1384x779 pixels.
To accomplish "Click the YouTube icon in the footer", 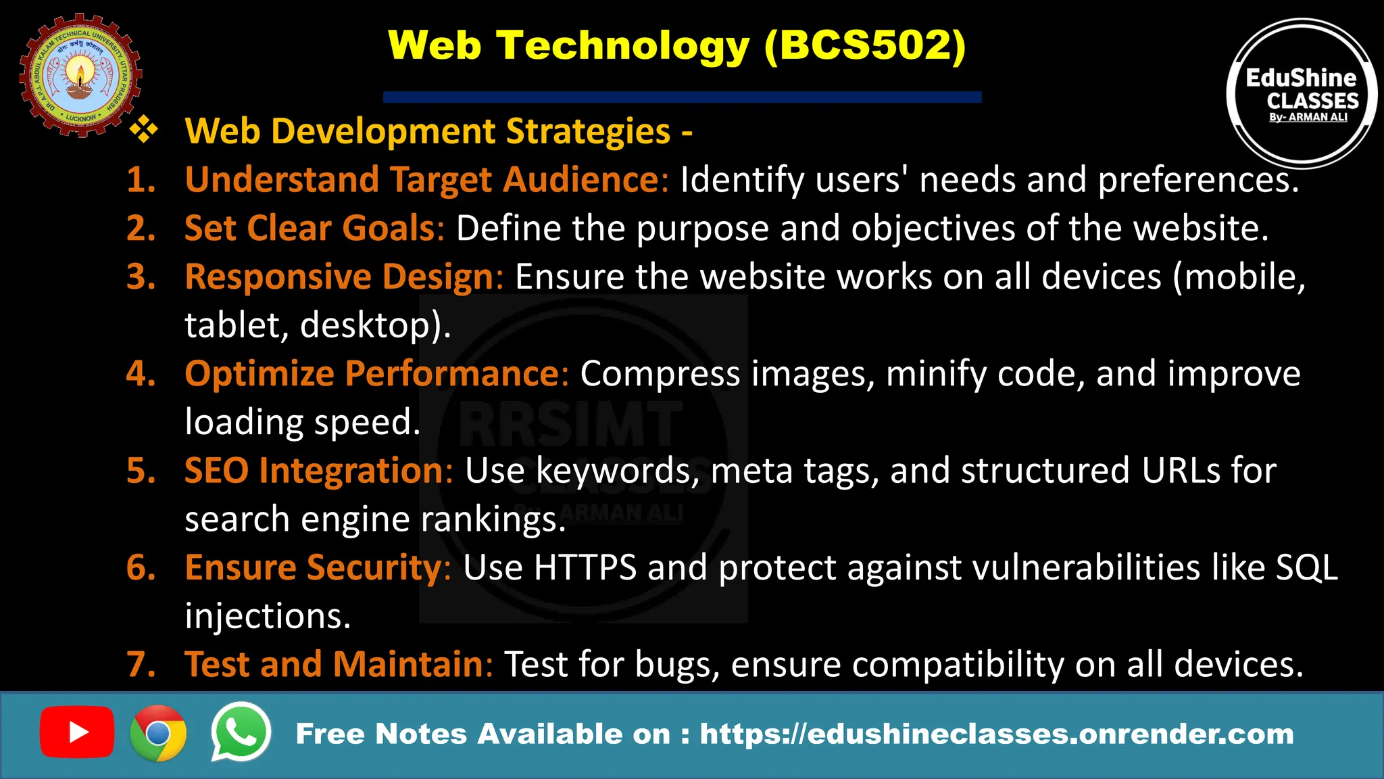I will pos(76,732).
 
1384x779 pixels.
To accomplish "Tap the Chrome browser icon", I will pos(158,733).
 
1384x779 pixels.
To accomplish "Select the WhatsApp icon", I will pos(241,732).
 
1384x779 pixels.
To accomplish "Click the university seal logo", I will pos(80,75).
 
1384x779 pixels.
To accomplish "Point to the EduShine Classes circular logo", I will pos(1302,93).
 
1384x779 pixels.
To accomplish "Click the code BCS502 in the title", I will pos(865,46).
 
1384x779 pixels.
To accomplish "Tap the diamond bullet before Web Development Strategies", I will pos(144,130).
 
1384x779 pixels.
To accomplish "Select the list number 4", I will pos(140,373).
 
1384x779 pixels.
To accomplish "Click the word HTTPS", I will pos(585,567).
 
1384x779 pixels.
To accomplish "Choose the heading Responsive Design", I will pos(344,277).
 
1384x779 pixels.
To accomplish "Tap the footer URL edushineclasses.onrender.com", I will pos(996,734).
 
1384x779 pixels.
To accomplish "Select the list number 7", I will pos(140,664).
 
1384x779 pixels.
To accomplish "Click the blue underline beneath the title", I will pos(682,97).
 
